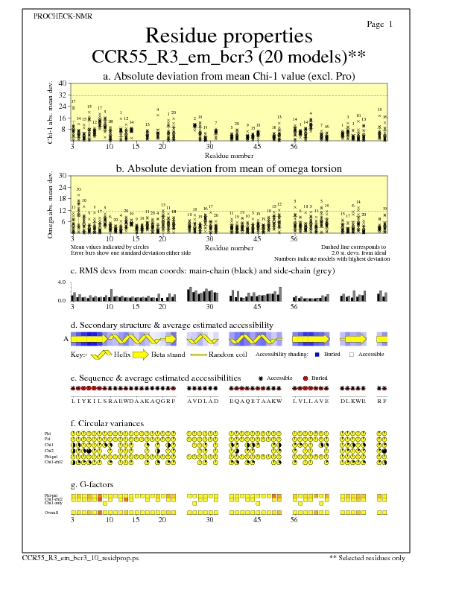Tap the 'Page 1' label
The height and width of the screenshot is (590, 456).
pos(380,24)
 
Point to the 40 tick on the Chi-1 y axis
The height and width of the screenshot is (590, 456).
pos(63,83)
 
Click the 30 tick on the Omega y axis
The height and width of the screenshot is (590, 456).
pos(63,176)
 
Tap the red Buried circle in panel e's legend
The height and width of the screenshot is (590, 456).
pos(305,378)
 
